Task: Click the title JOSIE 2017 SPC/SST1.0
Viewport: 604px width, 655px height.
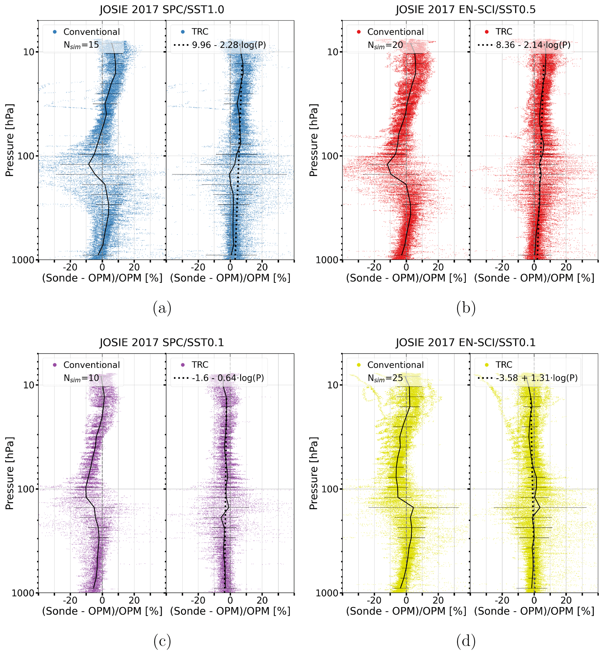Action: point(162,10)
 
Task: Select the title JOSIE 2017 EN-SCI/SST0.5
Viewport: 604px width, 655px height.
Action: point(465,10)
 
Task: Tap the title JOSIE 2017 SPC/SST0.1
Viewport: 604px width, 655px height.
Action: point(162,343)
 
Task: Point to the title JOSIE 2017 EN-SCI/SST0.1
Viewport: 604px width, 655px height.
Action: point(465,343)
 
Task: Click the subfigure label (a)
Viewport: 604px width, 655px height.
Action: point(162,308)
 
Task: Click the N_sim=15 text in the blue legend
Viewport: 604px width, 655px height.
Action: point(81,45)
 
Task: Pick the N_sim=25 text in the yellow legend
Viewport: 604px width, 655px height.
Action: point(385,378)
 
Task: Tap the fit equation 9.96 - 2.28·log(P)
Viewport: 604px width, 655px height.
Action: point(229,45)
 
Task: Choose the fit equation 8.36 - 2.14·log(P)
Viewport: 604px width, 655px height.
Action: point(533,45)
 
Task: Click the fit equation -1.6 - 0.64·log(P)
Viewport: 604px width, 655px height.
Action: point(228,378)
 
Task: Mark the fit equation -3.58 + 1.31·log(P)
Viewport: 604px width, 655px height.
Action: point(536,378)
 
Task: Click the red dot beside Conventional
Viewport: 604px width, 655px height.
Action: point(359,32)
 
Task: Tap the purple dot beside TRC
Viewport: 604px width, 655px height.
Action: point(183,365)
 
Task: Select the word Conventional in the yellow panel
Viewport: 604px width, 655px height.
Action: point(395,365)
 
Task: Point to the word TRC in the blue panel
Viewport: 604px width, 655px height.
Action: point(200,32)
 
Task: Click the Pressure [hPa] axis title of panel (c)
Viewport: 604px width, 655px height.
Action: point(10,473)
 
